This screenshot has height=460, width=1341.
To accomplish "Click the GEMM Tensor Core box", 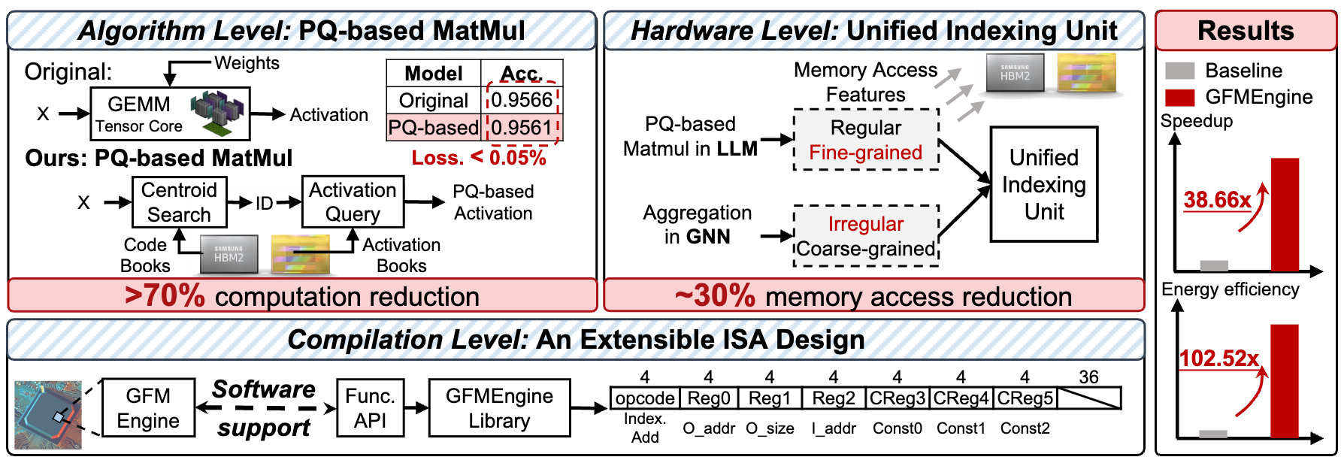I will click(x=170, y=113).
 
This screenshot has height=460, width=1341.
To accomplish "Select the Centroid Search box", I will click(x=179, y=202).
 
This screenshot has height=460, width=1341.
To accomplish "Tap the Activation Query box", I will click(x=353, y=202).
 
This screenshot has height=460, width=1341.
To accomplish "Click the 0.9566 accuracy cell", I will click(x=522, y=100).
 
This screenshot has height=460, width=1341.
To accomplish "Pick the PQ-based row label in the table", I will click(x=434, y=128).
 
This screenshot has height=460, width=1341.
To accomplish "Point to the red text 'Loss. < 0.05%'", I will click(x=479, y=158).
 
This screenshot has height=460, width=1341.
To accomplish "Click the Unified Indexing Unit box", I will click(x=1043, y=184).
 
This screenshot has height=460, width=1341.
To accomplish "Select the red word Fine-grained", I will click(x=865, y=153).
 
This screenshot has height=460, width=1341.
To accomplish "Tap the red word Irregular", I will click(x=865, y=224).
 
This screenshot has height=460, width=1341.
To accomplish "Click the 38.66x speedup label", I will click(x=1217, y=200).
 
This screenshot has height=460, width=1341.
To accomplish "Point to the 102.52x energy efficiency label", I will click(x=1218, y=359).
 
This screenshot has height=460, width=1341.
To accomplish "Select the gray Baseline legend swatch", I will click(x=1179, y=71).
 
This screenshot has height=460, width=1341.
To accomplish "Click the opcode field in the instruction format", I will click(x=645, y=398).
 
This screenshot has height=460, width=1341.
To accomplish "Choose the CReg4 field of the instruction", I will click(x=961, y=398).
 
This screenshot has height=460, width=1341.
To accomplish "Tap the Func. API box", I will click(x=370, y=408).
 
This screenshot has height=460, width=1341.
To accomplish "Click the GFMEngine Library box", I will click(x=499, y=408).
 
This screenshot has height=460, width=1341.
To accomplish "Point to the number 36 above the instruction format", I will click(x=1088, y=377).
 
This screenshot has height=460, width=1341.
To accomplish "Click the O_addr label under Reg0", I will click(x=709, y=428).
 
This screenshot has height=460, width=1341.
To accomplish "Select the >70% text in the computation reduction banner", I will click(x=165, y=296).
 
